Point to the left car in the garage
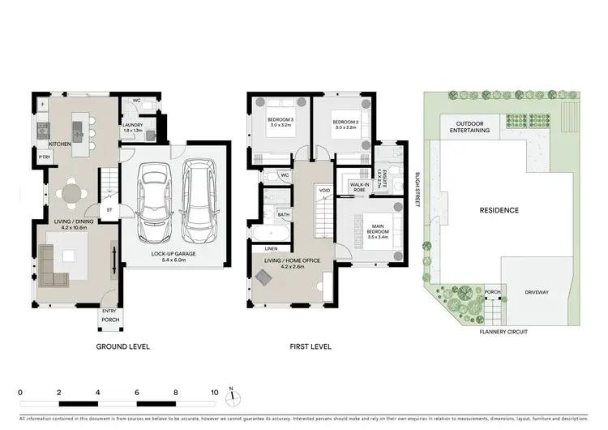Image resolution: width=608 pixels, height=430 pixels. [153, 202]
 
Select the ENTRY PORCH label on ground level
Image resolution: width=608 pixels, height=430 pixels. [109, 316]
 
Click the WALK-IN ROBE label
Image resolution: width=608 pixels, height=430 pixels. [360, 187]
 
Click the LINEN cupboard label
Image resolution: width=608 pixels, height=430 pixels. [271, 249]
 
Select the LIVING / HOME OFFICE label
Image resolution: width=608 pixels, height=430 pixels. [290, 261]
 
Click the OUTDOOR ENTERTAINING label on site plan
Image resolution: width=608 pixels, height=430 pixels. [465, 127]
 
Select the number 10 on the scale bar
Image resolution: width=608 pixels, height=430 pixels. [215, 392]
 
